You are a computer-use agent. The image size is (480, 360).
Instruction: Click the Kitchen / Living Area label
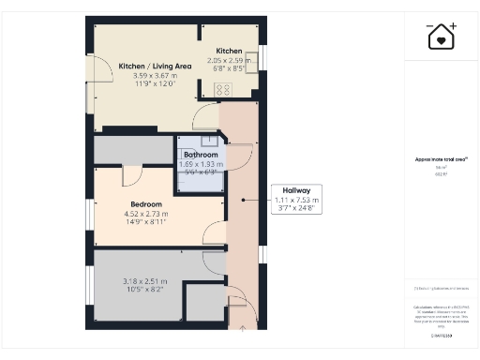155,66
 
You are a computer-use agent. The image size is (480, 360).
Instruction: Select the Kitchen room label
230,51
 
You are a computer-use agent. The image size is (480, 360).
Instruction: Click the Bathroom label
201,155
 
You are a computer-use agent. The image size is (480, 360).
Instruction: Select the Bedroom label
145,204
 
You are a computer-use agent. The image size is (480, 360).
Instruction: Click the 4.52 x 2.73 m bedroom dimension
145,214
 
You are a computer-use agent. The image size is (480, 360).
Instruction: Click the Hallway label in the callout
296,190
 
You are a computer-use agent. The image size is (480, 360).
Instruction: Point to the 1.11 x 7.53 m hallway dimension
296,200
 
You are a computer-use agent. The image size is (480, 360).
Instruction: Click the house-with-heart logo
442,37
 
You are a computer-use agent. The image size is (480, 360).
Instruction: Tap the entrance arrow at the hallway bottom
242,328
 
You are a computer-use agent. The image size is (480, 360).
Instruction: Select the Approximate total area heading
435,159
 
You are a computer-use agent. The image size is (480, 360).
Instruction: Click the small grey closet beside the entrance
204,306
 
